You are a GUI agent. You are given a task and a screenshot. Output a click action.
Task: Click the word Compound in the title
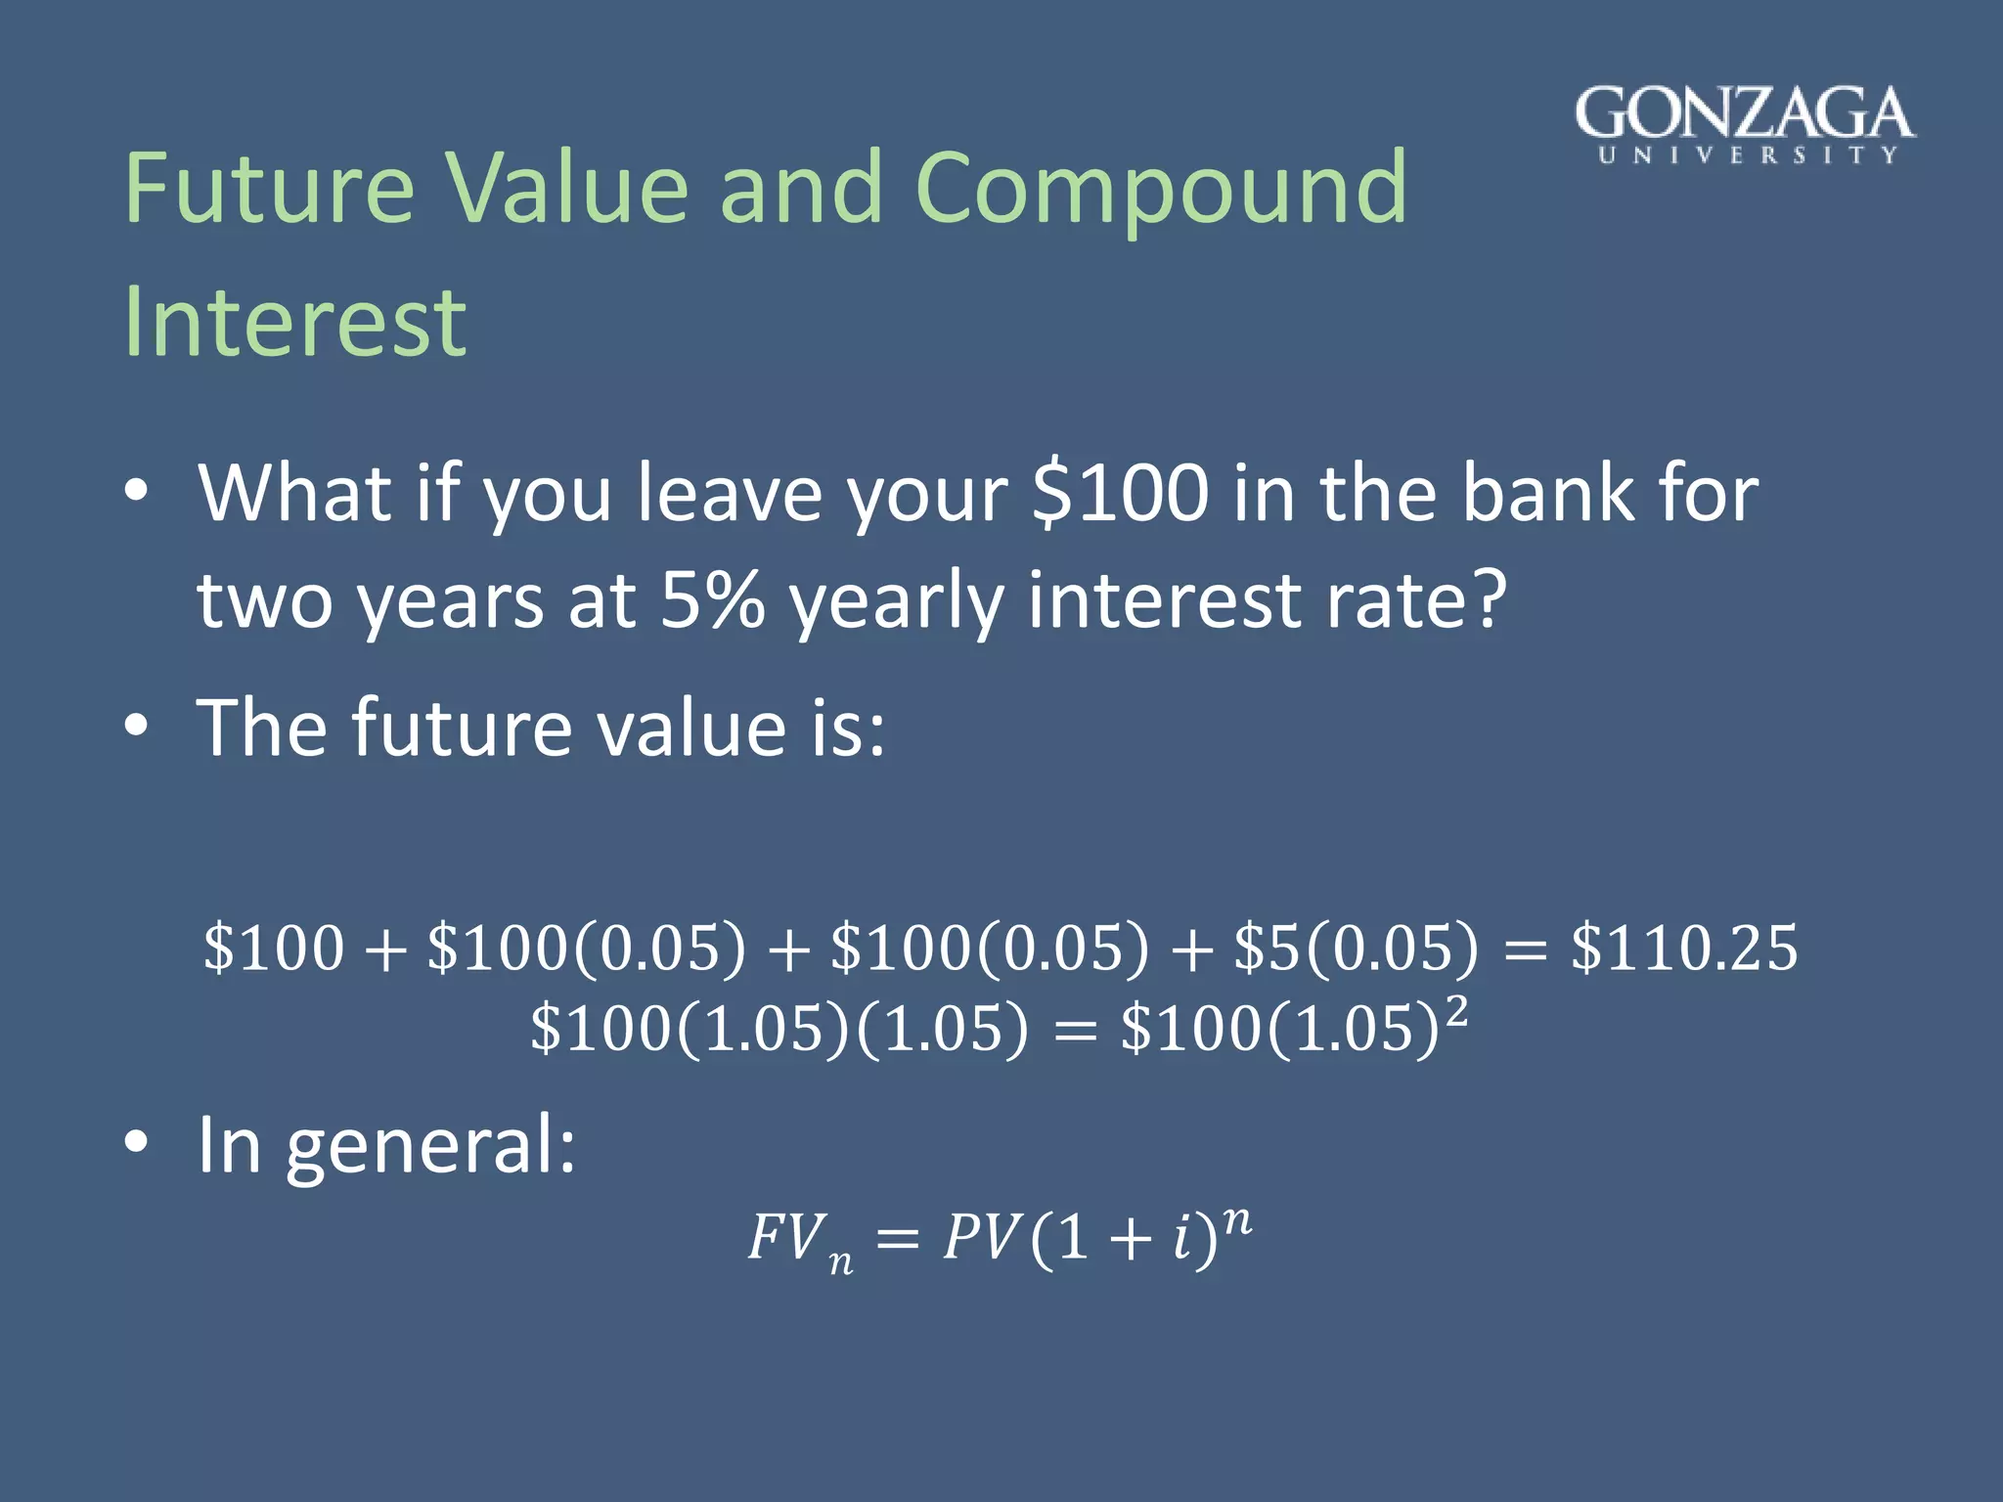(1161, 188)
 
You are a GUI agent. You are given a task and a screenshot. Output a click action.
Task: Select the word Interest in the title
(295, 323)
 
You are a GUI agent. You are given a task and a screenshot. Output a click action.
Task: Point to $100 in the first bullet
(1121, 494)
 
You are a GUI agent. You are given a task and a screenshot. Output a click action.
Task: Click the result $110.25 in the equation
(1684, 948)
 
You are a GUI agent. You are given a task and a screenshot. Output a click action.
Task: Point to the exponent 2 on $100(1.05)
(1456, 1011)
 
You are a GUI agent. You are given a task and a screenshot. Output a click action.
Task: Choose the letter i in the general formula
(1181, 1238)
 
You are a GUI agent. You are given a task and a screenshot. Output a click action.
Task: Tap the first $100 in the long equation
(274, 948)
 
